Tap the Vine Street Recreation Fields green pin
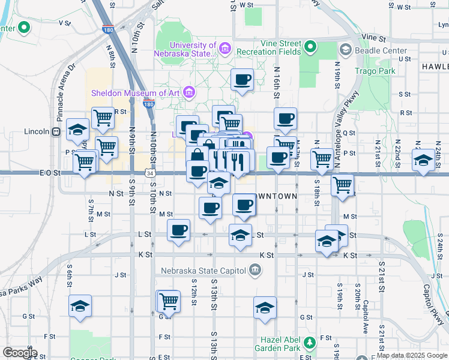[x=310, y=46]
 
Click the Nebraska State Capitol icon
[x=255, y=270]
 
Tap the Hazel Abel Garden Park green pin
[x=310, y=343]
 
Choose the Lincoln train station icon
[x=56, y=131]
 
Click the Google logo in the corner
[x=20, y=352]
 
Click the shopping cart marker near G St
[x=169, y=301]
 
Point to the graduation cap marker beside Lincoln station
[x=79, y=129]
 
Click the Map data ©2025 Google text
[x=412, y=355]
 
